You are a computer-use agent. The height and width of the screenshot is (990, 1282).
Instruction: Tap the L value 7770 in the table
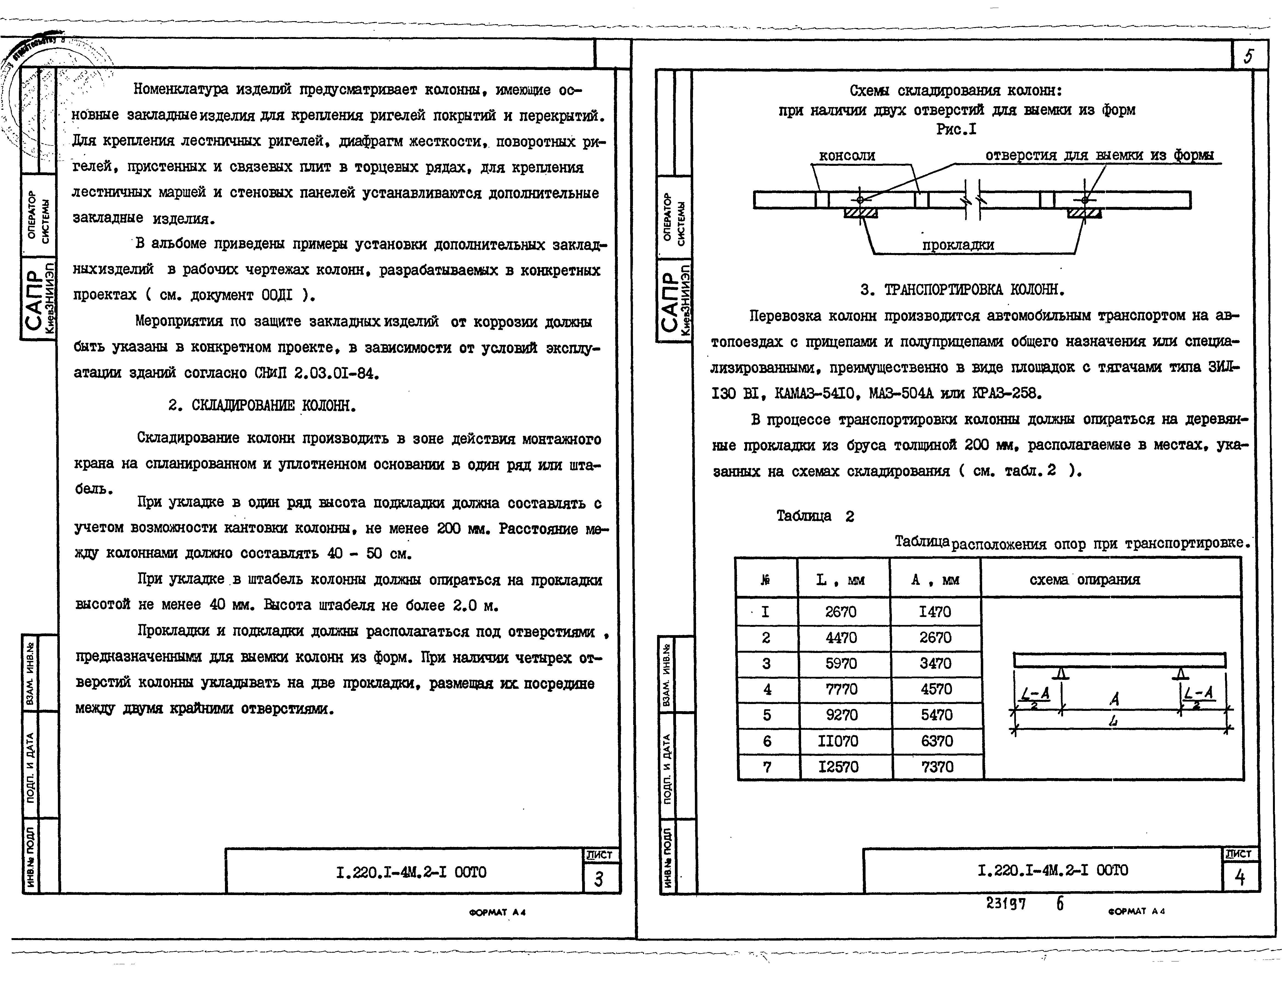click(x=841, y=689)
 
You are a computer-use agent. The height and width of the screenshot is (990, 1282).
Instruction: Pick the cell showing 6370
click(x=937, y=741)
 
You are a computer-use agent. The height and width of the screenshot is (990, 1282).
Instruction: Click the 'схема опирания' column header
click(x=1085, y=580)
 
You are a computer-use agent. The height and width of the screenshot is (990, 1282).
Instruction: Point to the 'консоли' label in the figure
click(x=846, y=156)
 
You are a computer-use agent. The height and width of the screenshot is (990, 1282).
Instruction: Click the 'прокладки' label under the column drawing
click(x=958, y=245)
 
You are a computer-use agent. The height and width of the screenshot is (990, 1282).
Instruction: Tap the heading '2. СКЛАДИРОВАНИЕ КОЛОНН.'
click(x=262, y=406)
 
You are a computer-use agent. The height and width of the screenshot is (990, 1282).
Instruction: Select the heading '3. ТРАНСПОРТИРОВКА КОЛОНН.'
click(x=962, y=290)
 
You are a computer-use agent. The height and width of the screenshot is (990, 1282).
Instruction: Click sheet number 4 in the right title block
click(x=1240, y=878)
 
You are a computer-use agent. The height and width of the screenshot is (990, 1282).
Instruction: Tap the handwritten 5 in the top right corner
click(x=1248, y=56)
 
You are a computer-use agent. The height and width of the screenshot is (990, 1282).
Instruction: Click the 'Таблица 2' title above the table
click(x=815, y=516)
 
